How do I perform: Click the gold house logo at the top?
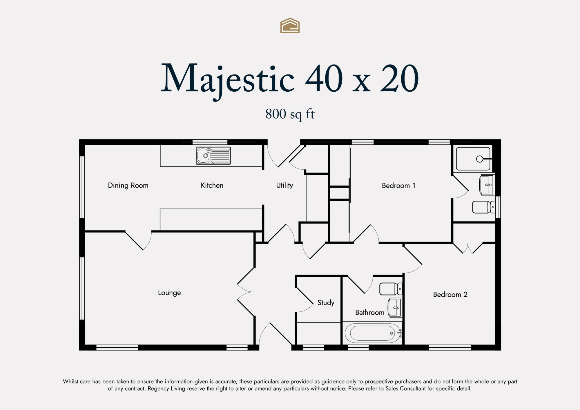[290, 26]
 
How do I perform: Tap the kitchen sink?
[213, 156]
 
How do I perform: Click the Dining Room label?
[128, 186]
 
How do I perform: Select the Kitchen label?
[212, 185]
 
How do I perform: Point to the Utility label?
[284, 186]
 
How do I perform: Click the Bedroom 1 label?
[398, 186]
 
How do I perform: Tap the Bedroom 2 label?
[450, 295]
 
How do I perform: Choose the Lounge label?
[169, 293]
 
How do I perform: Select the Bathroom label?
[370, 313]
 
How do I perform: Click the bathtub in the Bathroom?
[373, 333]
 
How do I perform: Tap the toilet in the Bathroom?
[391, 289]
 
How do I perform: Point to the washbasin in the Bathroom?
[395, 307]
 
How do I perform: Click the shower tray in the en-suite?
[473, 159]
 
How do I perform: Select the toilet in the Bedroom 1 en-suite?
[484, 207]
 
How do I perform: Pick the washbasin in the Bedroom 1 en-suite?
[487, 185]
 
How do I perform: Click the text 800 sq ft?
[290, 114]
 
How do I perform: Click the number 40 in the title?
[324, 78]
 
